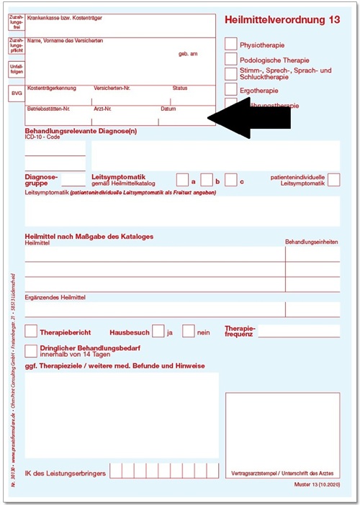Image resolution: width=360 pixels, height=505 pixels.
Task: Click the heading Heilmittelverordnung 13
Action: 282,19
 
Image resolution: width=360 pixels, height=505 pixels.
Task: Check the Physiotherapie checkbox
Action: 230,43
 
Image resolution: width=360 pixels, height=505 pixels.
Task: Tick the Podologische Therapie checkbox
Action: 230,59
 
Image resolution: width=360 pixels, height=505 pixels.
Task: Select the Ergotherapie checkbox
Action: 230,89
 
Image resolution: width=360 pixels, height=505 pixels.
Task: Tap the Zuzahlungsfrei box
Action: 16,24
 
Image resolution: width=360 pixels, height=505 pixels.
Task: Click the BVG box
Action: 16,94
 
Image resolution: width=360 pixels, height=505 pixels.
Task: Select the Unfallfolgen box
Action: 16,70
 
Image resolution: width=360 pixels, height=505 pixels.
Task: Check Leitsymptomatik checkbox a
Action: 183,180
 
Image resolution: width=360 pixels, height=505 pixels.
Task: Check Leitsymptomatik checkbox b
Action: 207,180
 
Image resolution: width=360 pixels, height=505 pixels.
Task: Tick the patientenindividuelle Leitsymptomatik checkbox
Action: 333,180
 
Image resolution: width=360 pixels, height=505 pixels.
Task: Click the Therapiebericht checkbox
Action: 31,332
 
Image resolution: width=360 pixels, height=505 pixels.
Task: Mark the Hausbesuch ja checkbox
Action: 158,332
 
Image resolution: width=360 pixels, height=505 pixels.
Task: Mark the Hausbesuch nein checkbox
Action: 189,332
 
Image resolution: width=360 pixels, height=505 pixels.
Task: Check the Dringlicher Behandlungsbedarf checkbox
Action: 31,351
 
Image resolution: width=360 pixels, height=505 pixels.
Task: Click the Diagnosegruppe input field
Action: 73,180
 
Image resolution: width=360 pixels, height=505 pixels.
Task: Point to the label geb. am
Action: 188,54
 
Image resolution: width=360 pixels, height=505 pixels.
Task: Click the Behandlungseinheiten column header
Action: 312,242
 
